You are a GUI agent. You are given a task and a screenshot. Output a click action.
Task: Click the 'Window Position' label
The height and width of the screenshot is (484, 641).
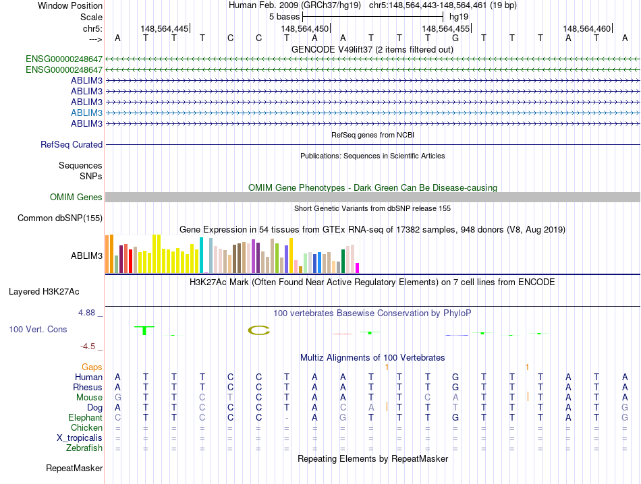pos(70,5)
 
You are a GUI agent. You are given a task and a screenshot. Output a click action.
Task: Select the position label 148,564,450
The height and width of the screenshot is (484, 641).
pos(305,28)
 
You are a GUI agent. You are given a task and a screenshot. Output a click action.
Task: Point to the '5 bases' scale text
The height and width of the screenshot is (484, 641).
pos(284,16)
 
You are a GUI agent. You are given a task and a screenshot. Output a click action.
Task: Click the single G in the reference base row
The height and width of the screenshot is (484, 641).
pos(455,38)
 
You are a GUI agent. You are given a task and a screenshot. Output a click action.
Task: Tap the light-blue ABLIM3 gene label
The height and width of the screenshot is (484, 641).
pos(86,113)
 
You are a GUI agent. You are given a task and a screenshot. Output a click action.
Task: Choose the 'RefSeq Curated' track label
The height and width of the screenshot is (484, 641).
pos(72,144)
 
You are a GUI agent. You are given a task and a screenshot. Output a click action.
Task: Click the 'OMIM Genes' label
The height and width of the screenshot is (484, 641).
pos(76,197)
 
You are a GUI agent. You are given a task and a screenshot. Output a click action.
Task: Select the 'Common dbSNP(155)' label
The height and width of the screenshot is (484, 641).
pos(60,218)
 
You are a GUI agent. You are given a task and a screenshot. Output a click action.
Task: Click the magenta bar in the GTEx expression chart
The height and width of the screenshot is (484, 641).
pos(357,268)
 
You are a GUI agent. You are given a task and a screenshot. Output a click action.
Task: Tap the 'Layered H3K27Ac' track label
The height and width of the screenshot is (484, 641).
pos(44,292)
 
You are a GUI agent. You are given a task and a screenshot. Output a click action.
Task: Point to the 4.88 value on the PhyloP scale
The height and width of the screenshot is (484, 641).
pos(88,313)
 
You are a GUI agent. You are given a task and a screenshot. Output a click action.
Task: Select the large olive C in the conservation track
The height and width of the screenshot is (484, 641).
pos(258,330)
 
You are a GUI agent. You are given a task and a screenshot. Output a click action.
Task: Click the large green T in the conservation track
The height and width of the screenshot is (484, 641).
pos(145,330)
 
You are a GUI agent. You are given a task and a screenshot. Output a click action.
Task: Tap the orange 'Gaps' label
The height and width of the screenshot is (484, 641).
pos(92,367)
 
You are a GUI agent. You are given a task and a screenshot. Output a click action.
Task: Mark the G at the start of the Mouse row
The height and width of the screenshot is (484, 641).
pos(117,397)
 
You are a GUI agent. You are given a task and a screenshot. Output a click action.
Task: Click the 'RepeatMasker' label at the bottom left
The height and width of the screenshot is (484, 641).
pos(74,468)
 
